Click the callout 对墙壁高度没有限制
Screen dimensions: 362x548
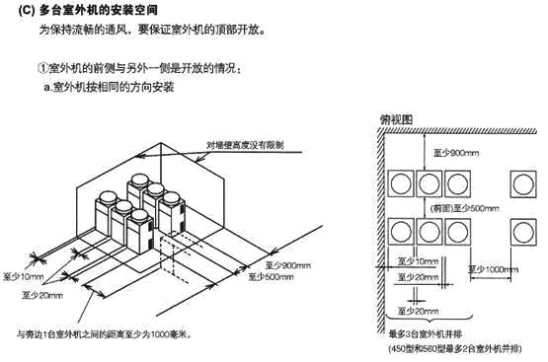[x=245, y=145]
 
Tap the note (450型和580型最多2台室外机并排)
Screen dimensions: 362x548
[x=455, y=349]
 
